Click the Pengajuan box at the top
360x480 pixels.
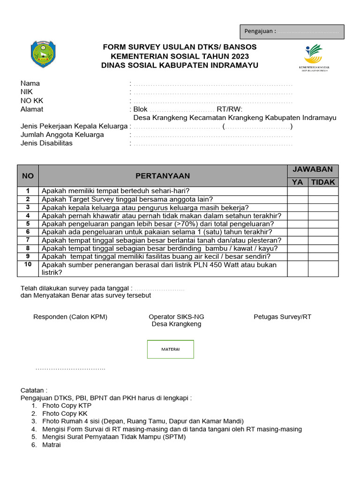tap(292, 31)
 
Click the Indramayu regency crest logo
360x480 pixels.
tap(43, 54)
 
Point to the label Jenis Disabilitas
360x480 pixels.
tap(46, 143)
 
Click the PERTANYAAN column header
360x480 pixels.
tap(163, 176)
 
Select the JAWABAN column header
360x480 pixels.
tap(313, 169)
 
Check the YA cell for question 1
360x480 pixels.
tap(298, 191)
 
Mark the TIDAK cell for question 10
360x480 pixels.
tap(323, 269)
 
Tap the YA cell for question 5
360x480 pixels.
tap(298, 224)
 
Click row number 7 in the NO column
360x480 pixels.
tap(28, 240)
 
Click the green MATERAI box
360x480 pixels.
tap(171, 349)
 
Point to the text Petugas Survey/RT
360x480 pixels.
tap(282, 317)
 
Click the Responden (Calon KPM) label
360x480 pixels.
tap(70, 317)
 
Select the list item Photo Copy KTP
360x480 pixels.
tap(67, 405)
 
